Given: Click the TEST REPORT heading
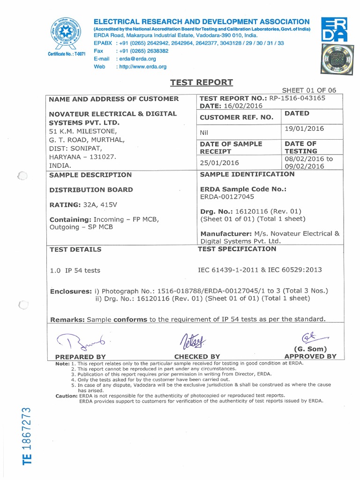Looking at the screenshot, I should [201, 82].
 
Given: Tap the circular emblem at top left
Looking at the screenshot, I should [66, 33].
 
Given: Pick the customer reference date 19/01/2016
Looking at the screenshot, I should [304, 128].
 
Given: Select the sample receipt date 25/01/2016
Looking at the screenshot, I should [219, 163].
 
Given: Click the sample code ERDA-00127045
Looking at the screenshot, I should [228, 197].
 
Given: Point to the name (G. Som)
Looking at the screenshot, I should [310, 349].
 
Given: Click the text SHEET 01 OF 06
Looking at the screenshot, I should [309, 90].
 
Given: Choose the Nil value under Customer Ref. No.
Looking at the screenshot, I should [204, 133].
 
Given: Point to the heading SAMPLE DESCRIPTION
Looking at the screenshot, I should [90, 175].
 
